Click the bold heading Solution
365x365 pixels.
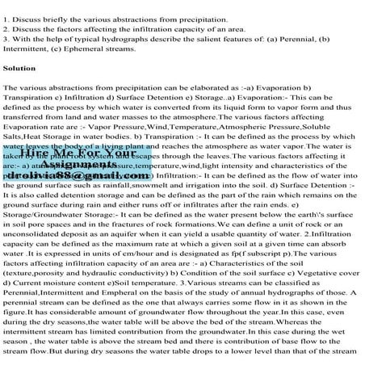coord(20,69)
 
